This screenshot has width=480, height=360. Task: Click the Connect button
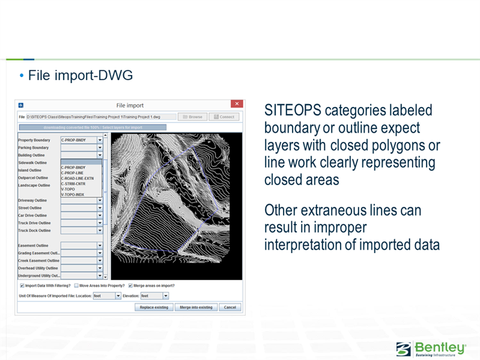pos(225,117)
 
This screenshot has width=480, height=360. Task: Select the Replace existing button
pos(154,307)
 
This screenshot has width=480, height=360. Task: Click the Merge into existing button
pos(196,307)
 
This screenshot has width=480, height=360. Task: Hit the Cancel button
pos(229,307)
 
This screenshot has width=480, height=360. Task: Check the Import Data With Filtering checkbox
pos(22,285)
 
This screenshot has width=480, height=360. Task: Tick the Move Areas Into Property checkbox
pos(76,285)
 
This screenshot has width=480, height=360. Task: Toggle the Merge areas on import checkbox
pos(130,285)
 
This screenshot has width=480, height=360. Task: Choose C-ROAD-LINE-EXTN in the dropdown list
pos(77,178)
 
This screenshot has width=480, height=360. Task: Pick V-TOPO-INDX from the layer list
pos(73,195)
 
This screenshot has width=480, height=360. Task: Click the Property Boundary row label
pos(34,140)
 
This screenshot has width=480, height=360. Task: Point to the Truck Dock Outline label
pos(34,230)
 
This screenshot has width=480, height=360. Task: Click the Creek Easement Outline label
pos(38,261)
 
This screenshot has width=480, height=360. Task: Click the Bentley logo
pos(431,349)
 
